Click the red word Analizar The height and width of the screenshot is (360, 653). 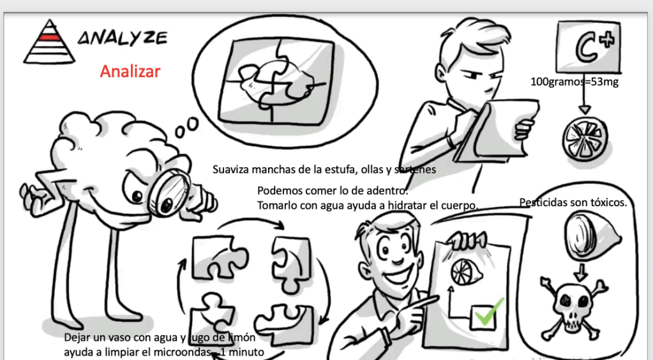click(130, 71)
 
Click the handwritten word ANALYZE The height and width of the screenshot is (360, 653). click(123, 38)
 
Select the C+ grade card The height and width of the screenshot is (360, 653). click(588, 47)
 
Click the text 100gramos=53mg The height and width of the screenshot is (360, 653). click(574, 82)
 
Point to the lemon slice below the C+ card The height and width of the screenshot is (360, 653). click(585, 137)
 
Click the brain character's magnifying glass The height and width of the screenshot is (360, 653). click(169, 196)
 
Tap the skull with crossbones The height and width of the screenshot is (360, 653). click(574, 306)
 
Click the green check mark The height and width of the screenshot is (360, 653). click(489, 312)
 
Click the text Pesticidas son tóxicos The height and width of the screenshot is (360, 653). click(573, 202)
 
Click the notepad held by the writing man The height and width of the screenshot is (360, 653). click(495, 130)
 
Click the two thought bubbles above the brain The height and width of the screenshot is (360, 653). click(186, 127)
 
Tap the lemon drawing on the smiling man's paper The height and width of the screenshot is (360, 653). click(465, 272)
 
